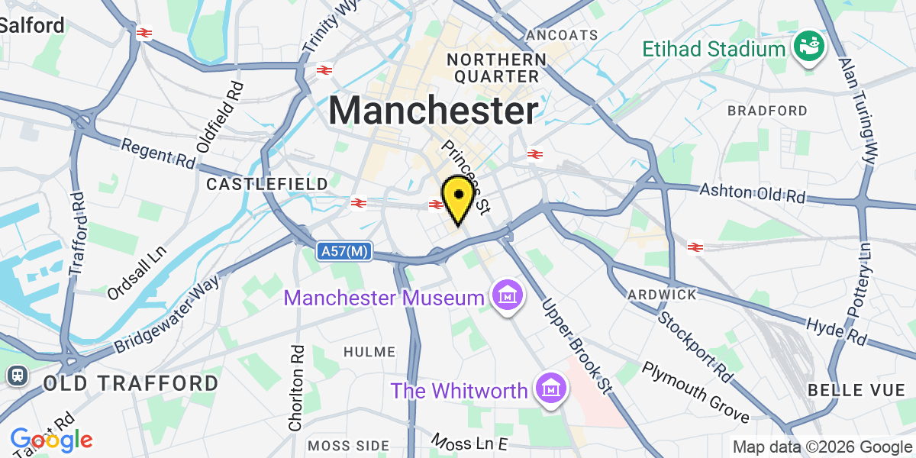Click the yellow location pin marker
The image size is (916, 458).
click(x=456, y=197)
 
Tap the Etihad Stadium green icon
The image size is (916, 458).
click(x=811, y=49)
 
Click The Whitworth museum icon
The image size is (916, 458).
click(x=550, y=391)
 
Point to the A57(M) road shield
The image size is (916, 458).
click(x=345, y=250)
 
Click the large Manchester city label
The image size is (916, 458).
click(x=434, y=111)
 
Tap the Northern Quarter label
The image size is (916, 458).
click(x=496, y=68)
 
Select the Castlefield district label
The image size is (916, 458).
click(x=267, y=184)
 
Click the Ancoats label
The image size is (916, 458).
click(x=563, y=35)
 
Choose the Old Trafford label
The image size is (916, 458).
click(x=131, y=382)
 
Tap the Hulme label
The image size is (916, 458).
click(x=369, y=352)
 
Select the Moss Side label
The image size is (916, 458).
click(x=348, y=445)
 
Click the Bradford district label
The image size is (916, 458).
click(x=767, y=111)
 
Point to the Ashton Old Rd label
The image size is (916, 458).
click(x=753, y=192)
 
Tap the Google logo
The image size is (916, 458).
click(x=51, y=440)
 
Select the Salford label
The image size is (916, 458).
click(x=32, y=24)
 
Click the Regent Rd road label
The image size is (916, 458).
click(x=158, y=153)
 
